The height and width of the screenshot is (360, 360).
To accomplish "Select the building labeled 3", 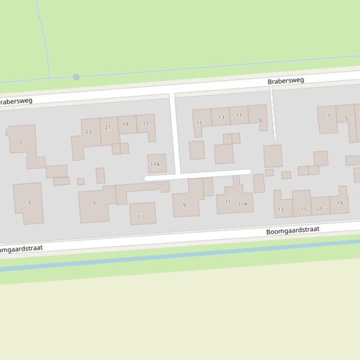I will [29, 202].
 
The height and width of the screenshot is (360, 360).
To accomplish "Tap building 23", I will [88, 131].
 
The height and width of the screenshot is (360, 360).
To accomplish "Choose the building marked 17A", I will [155, 164].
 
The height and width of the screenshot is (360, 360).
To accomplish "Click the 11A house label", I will [242, 204].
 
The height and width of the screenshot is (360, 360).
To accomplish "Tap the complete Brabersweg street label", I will [286, 81].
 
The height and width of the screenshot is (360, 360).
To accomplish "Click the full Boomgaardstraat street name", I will [293, 230].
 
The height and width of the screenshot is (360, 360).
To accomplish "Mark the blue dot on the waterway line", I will [76, 77].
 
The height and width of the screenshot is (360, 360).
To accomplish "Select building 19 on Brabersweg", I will [125, 124].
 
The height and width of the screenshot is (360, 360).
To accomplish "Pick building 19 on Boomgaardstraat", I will [339, 203].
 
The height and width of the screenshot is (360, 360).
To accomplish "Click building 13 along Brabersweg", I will [221, 117].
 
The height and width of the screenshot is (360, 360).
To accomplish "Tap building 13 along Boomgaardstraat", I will [281, 209].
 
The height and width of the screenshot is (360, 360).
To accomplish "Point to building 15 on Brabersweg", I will [200, 123].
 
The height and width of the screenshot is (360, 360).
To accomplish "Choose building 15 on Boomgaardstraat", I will [303, 209].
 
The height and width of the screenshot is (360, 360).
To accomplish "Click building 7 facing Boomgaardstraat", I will [138, 217].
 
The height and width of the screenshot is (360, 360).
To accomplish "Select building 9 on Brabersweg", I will [260, 121].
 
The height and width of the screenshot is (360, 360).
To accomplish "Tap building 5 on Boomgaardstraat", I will [94, 203].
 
